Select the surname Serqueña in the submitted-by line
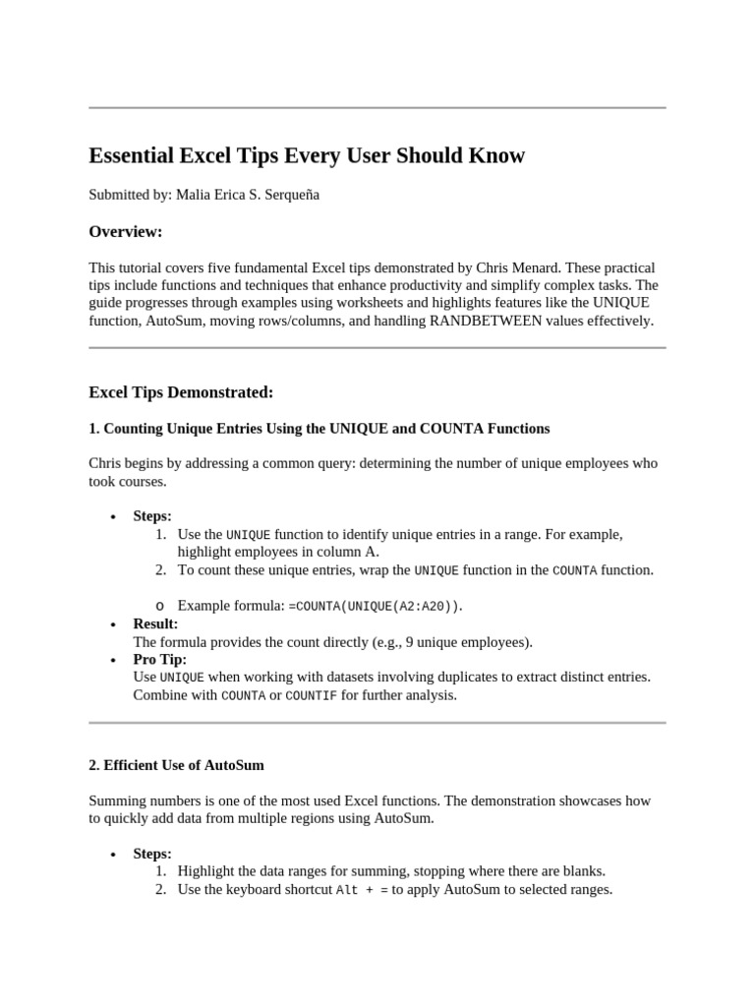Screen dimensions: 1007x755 290,195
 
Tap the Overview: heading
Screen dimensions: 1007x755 125,232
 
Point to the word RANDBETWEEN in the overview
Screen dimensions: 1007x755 486,321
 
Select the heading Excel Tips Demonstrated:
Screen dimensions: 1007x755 181,392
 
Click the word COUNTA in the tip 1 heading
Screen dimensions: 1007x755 457,429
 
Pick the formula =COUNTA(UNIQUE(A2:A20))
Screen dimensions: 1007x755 375,606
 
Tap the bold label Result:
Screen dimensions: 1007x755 155,624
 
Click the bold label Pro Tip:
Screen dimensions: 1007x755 159,660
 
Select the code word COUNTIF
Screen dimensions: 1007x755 311,696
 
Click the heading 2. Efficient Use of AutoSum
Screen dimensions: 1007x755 176,764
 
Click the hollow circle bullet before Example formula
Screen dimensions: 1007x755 160,606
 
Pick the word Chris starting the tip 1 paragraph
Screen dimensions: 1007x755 106,463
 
